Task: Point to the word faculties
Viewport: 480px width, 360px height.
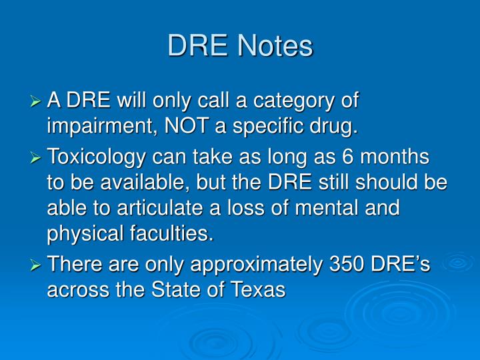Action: click(175, 233)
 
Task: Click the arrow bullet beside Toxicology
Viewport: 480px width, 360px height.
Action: click(37, 159)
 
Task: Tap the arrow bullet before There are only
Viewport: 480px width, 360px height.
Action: click(37, 265)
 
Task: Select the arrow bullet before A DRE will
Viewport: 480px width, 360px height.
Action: click(37, 101)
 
